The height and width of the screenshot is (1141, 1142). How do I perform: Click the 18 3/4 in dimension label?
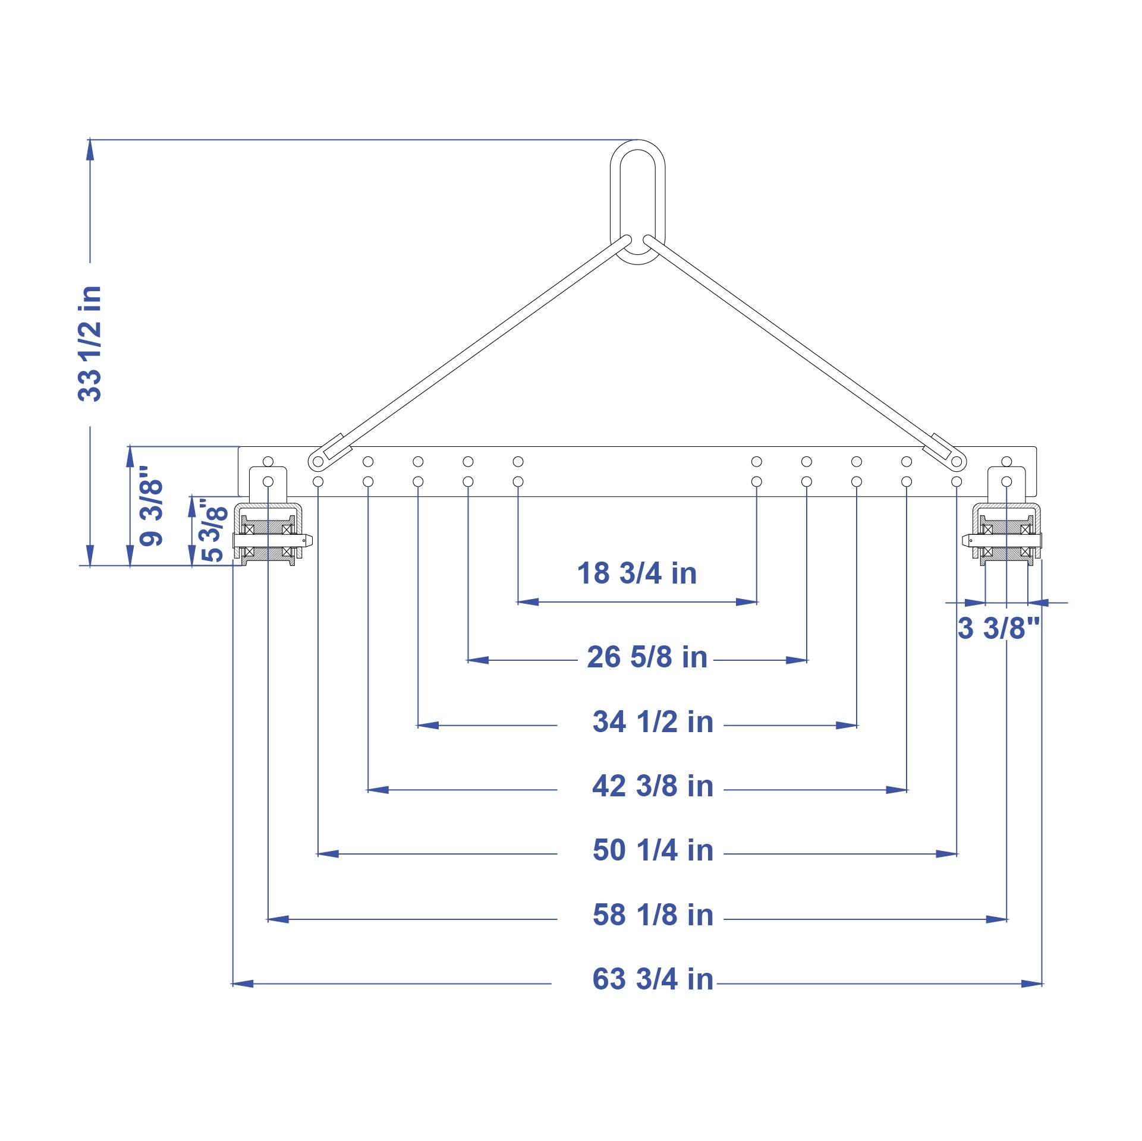(637, 573)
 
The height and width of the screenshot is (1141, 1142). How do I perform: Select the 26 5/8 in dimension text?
(647, 657)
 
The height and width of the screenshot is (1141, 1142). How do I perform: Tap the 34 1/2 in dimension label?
(653, 722)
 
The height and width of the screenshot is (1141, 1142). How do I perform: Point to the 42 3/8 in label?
(653, 786)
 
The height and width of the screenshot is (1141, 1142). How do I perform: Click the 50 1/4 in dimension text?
(653, 850)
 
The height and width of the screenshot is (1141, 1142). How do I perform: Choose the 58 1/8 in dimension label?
(653, 915)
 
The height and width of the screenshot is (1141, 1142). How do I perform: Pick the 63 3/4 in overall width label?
(653, 979)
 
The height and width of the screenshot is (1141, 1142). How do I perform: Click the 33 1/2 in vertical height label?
(90, 343)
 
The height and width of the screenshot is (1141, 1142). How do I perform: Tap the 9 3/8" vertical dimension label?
(151, 505)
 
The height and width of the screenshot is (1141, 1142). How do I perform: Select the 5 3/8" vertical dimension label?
(214, 530)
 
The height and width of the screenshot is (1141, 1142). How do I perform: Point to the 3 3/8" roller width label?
(999, 628)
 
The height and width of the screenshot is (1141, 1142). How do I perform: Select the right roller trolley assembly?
(1002, 532)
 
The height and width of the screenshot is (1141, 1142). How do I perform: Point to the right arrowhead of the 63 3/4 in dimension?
(1032, 984)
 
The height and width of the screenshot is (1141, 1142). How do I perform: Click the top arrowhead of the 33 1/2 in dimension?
(90, 150)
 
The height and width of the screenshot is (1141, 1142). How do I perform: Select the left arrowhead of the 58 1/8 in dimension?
(278, 919)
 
